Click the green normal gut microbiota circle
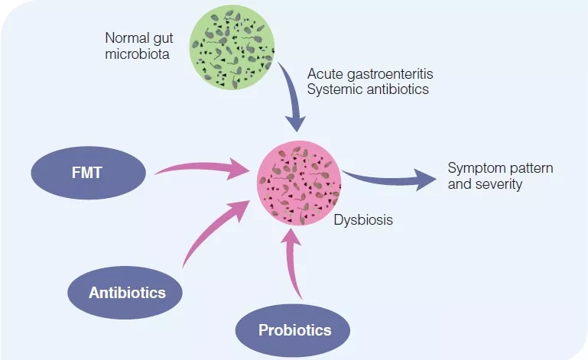[x=233, y=48]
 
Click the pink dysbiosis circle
[x=299, y=186]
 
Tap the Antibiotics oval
[x=127, y=292]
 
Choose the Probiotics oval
[x=294, y=330]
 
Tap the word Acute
[x=323, y=74]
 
